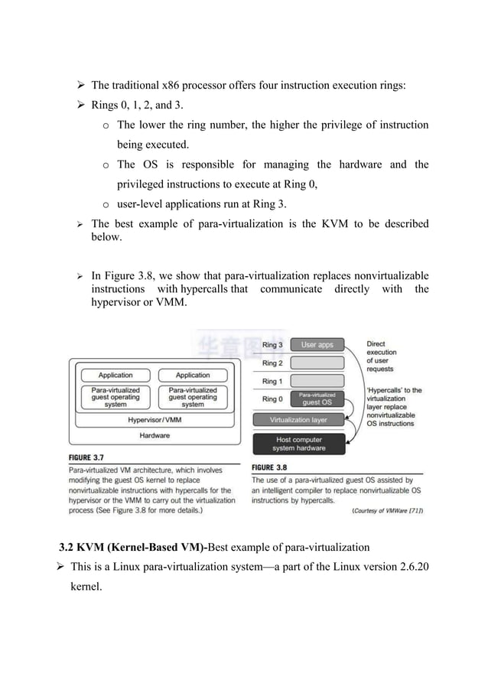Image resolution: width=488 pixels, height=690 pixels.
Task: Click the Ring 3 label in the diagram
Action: tap(272, 345)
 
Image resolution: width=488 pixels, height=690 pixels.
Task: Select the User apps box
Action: tap(317, 345)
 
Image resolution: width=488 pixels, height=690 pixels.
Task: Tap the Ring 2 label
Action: tap(272, 363)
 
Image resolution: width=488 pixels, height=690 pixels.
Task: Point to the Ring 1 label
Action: tap(272, 381)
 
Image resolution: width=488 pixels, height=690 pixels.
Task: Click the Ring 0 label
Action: tap(272, 399)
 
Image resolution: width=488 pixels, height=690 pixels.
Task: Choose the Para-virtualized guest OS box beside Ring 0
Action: tap(317, 399)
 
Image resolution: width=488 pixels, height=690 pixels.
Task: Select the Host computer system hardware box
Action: tap(298, 444)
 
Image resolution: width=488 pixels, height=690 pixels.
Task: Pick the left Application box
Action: tap(115, 375)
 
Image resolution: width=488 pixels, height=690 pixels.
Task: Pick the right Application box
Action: tap(193, 375)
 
